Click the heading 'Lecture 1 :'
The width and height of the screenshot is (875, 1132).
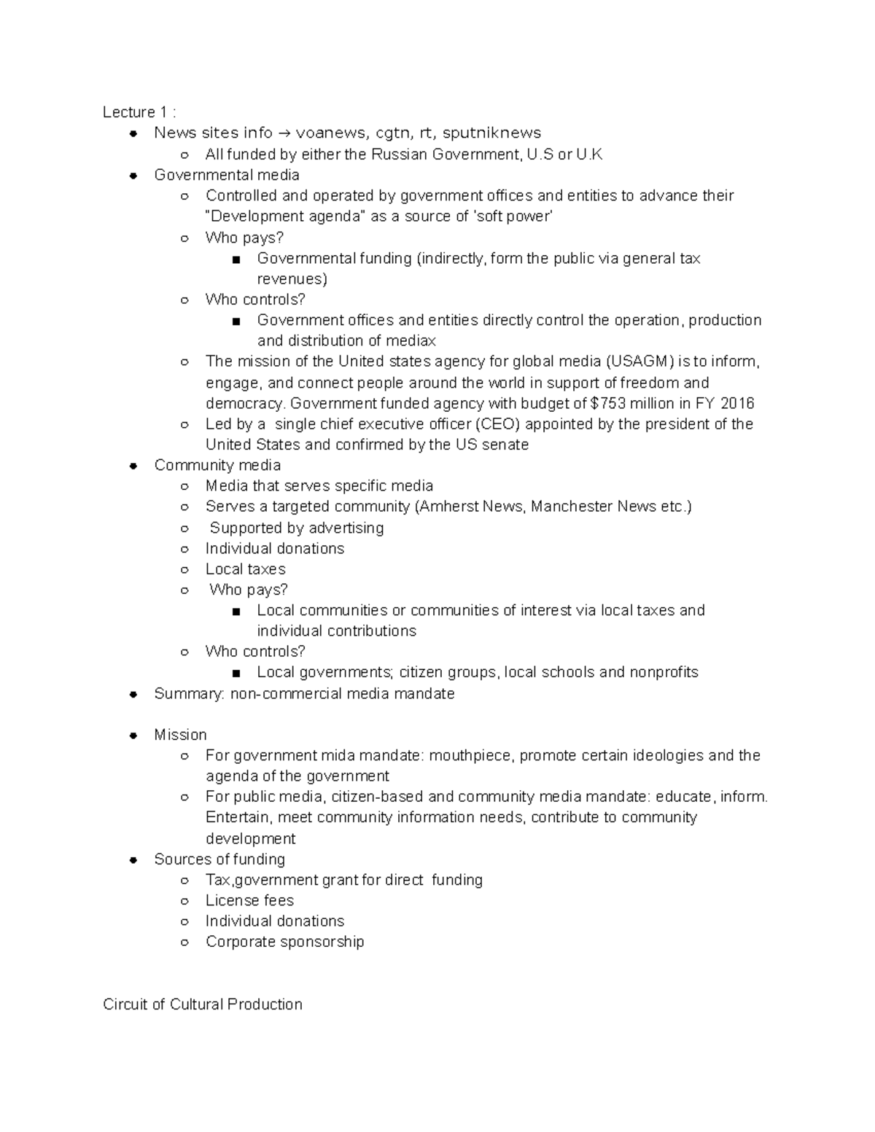coord(139,112)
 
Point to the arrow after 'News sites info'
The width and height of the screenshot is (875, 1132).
coord(284,133)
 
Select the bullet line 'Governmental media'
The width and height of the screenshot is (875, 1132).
coord(227,175)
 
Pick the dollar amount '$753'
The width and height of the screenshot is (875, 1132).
coord(608,404)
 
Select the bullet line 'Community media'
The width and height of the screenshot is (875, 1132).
coord(217,465)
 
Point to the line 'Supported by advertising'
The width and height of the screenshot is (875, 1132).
coord(297,528)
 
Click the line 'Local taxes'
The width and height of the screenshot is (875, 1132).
coord(246,569)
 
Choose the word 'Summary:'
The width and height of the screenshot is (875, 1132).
coord(190,694)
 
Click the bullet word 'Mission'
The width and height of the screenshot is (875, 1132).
coord(180,735)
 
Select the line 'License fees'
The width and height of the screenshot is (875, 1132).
coord(249,901)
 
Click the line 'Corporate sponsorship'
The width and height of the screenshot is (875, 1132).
coord(284,942)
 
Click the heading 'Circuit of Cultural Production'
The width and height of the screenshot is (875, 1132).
coord(203,1004)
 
